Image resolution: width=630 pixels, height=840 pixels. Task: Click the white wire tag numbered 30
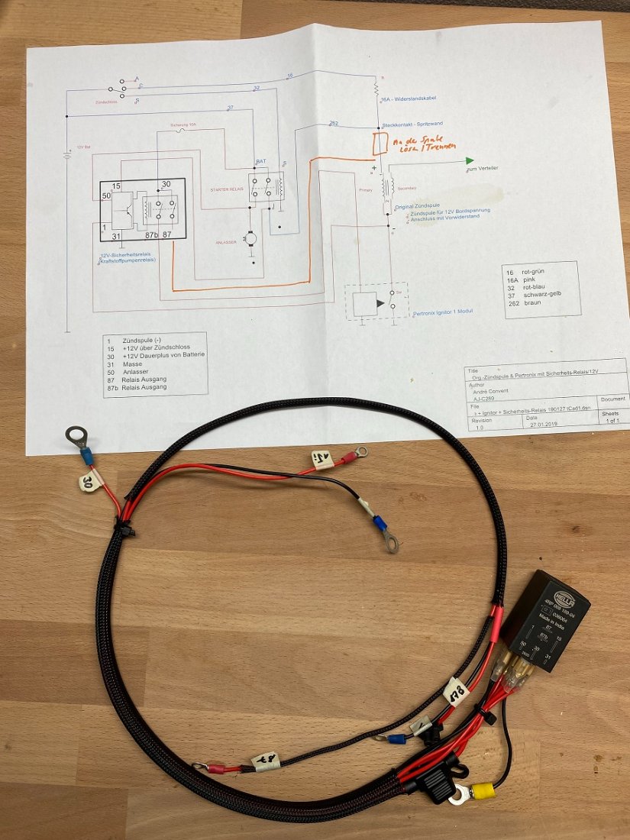tap(88, 480)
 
